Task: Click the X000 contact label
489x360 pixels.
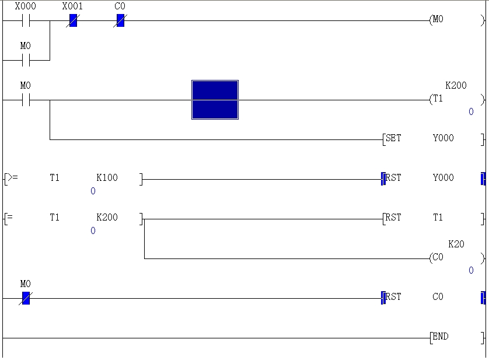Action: tap(25, 6)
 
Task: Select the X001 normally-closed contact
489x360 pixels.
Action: tap(73, 21)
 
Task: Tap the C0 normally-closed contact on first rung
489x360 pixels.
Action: tap(120, 21)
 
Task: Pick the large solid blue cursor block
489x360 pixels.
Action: tap(215, 100)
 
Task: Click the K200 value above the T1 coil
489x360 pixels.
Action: tap(456, 85)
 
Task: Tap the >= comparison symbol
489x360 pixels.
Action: tap(12, 178)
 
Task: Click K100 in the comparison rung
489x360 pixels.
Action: tap(107, 178)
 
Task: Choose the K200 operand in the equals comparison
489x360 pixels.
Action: tap(107, 218)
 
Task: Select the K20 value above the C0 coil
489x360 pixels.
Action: tap(456, 244)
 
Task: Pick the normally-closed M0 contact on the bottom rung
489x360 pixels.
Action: tap(25, 298)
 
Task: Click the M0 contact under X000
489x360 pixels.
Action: tap(25, 60)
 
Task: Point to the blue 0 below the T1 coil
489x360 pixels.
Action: tap(471, 112)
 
